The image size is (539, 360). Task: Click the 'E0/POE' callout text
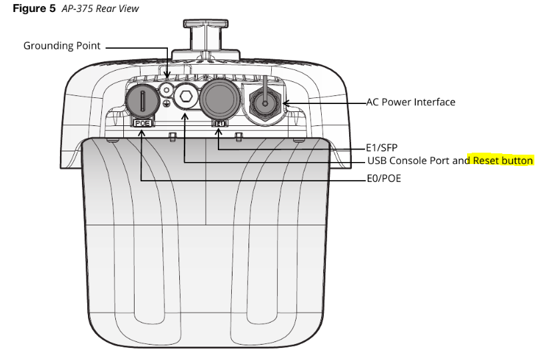click(x=384, y=179)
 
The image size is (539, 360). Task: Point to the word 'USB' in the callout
click(x=376, y=161)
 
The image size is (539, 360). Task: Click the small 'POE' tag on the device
click(x=142, y=123)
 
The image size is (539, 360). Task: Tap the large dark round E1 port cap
click(x=221, y=99)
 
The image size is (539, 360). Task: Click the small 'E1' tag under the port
click(x=219, y=123)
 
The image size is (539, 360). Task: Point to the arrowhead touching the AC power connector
click(x=287, y=103)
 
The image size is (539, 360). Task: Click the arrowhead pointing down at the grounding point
click(x=167, y=77)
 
